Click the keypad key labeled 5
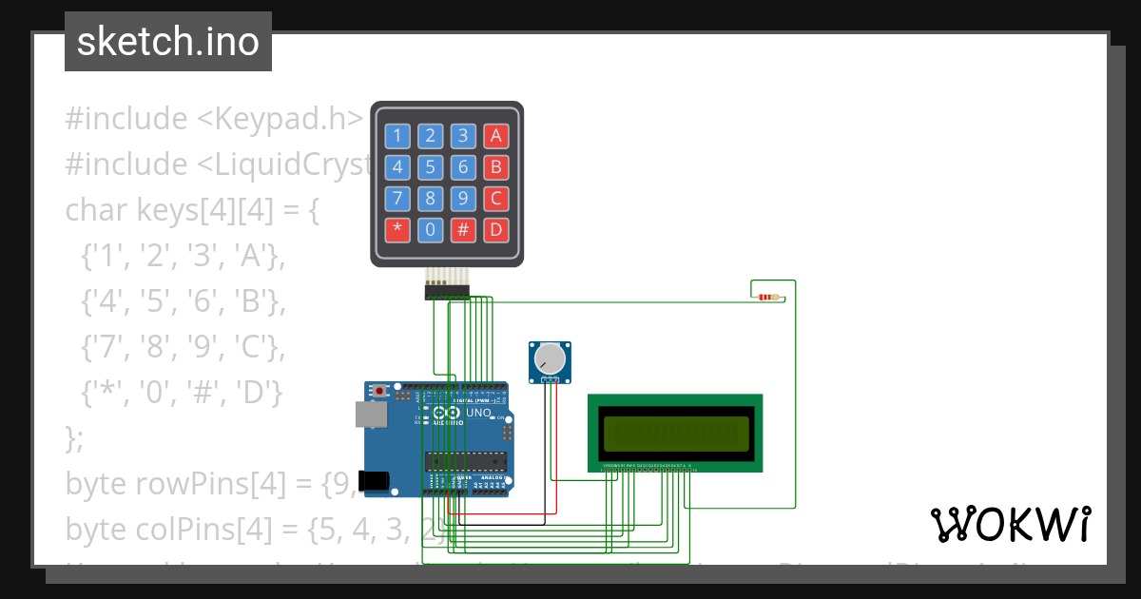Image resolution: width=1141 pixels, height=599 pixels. (431, 167)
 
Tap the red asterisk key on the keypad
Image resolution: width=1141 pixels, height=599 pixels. (397, 229)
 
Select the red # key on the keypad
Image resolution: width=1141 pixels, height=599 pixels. (463, 229)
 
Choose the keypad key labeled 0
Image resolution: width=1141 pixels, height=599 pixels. (431, 229)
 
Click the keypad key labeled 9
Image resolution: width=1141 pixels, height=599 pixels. (463, 198)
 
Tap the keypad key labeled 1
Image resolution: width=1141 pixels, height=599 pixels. (397, 136)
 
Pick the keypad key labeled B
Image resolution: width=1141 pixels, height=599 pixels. (495, 167)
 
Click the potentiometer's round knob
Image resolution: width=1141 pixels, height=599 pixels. (550, 358)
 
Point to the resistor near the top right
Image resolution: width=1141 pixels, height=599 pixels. (770, 297)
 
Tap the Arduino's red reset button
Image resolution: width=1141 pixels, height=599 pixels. (381, 390)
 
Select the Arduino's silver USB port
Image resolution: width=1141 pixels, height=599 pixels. (371, 414)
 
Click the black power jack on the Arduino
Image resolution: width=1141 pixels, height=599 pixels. (375, 480)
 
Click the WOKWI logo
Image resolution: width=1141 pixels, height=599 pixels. (1010, 524)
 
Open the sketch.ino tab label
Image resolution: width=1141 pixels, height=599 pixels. (168, 42)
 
